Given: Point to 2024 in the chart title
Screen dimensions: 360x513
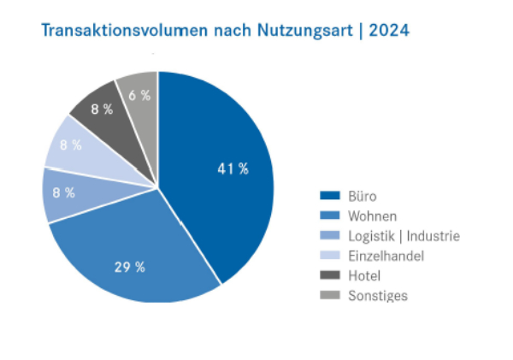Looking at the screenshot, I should pyautogui.click(x=389, y=32).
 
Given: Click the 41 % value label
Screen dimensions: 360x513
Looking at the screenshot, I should pyautogui.click(x=233, y=169).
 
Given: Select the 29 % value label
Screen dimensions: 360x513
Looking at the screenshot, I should pyautogui.click(x=129, y=268).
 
